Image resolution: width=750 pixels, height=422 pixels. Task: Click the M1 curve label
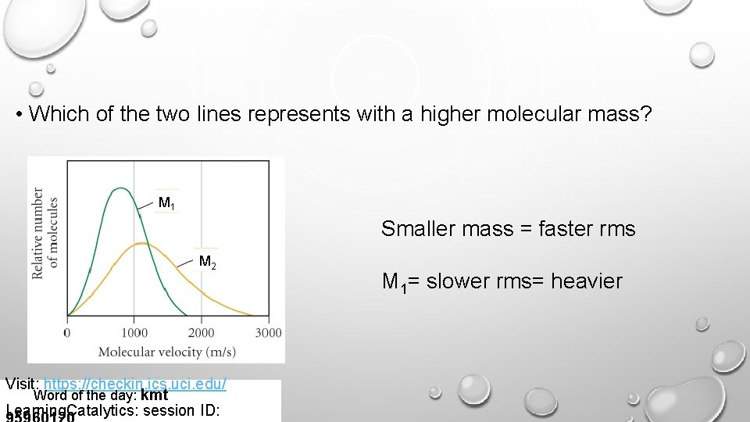point(166,204)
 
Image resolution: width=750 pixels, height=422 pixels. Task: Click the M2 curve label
point(207,262)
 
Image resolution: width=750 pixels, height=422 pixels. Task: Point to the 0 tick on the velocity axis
point(67,334)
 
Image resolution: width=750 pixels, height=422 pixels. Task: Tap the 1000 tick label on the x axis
point(134,334)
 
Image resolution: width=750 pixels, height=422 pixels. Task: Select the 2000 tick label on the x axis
point(202,334)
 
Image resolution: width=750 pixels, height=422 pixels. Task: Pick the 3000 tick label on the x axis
point(268,334)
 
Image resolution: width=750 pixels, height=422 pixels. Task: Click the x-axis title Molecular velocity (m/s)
point(167,352)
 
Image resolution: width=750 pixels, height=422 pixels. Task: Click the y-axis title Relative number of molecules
point(46,234)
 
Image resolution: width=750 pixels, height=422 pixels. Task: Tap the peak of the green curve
point(120,188)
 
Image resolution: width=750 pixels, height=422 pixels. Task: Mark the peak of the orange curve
point(141,244)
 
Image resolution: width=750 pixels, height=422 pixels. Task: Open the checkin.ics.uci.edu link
point(135,384)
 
